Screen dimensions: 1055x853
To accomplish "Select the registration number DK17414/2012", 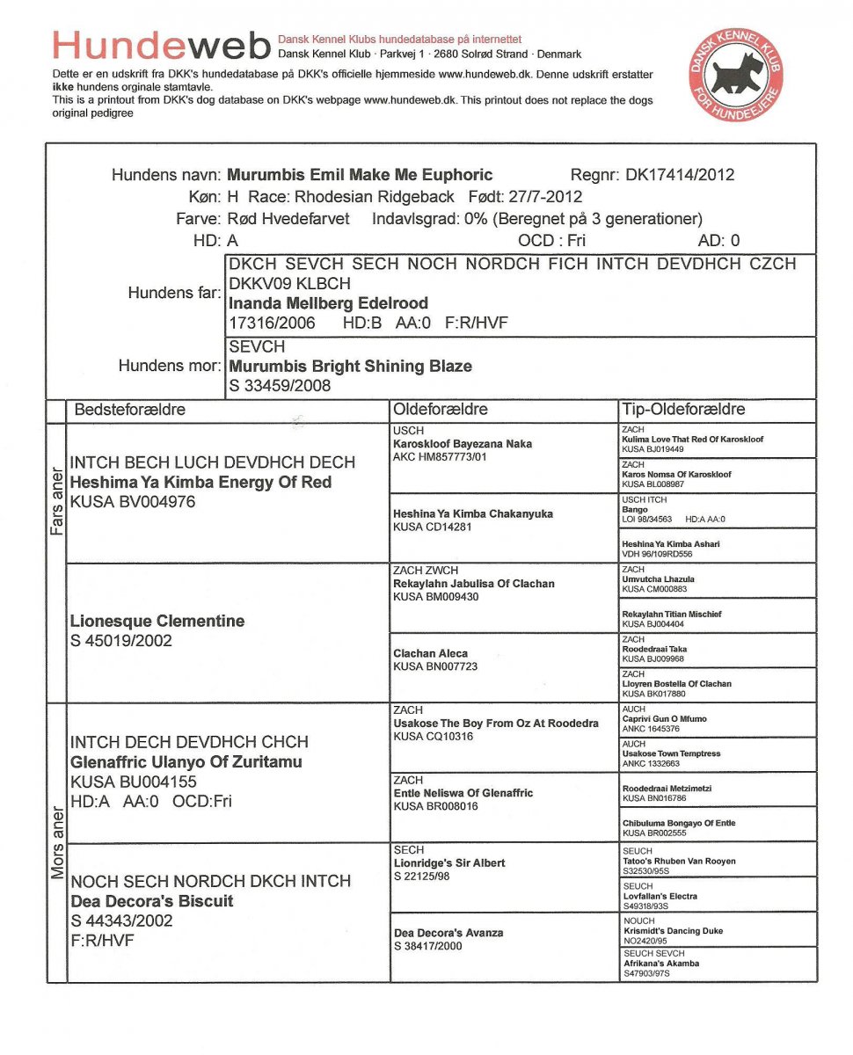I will point(680,175).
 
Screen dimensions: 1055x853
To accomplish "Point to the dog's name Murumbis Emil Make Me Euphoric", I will point(360,175).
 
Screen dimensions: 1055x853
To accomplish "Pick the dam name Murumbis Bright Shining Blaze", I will point(350,367).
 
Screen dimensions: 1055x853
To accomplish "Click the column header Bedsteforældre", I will point(130,410).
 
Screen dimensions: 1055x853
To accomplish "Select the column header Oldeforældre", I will point(441,410).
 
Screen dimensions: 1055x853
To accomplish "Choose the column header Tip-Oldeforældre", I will point(683,410).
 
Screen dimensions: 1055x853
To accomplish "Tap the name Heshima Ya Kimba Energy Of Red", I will point(200,483).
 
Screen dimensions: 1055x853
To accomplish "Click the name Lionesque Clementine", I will point(157,622).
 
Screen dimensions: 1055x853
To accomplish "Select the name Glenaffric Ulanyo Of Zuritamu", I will point(186,762).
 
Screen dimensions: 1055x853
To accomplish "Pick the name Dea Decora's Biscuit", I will point(152,901).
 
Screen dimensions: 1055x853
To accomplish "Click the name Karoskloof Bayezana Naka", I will point(463,444).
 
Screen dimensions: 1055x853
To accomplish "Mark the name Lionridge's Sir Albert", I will point(449,863).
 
